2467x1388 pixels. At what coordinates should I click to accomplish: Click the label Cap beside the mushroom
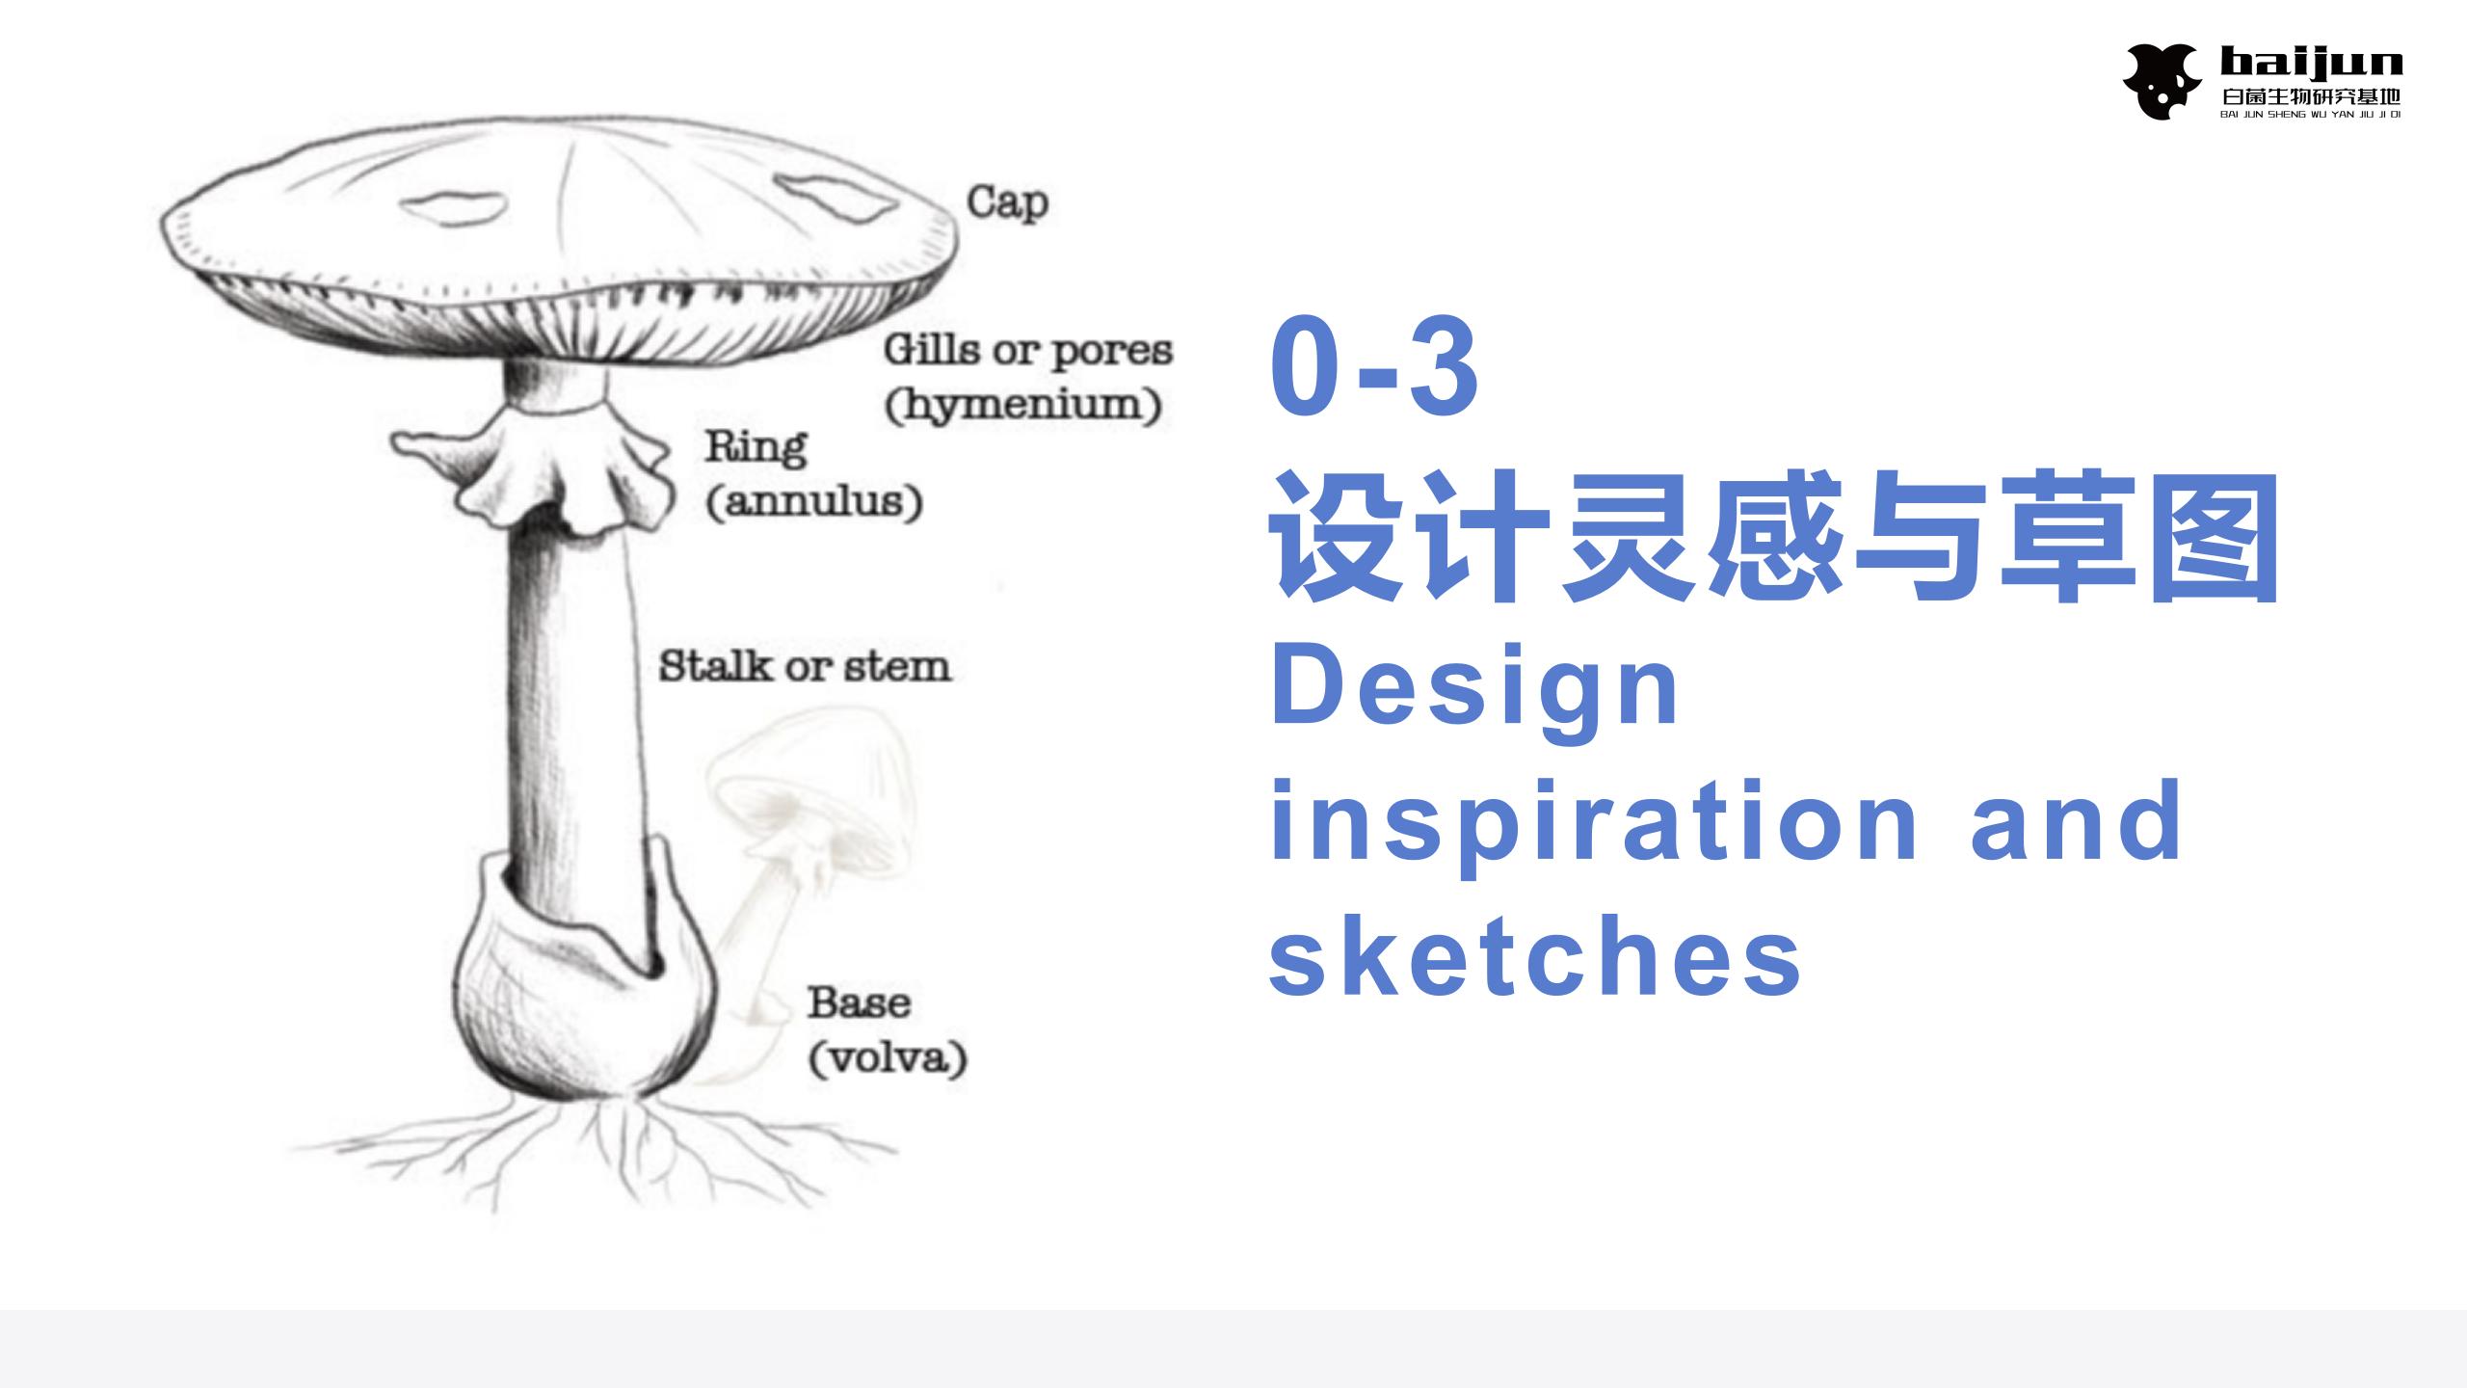coord(1007,203)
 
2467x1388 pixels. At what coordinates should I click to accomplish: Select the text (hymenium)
coord(1022,405)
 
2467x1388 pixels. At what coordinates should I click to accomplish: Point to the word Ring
coord(756,447)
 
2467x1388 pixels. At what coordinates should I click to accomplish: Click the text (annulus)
coord(814,502)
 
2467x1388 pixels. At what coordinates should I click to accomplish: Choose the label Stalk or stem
coord(805,666)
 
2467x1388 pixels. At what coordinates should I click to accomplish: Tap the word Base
coord(859,1002)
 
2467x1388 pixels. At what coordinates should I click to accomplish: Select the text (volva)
coord(888,1058)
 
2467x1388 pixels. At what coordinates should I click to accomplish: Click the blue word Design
coord(1474,688)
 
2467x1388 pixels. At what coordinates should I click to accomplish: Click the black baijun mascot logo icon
coord(2161,81)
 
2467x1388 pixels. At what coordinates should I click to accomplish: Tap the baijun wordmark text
coord(2311,64)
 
